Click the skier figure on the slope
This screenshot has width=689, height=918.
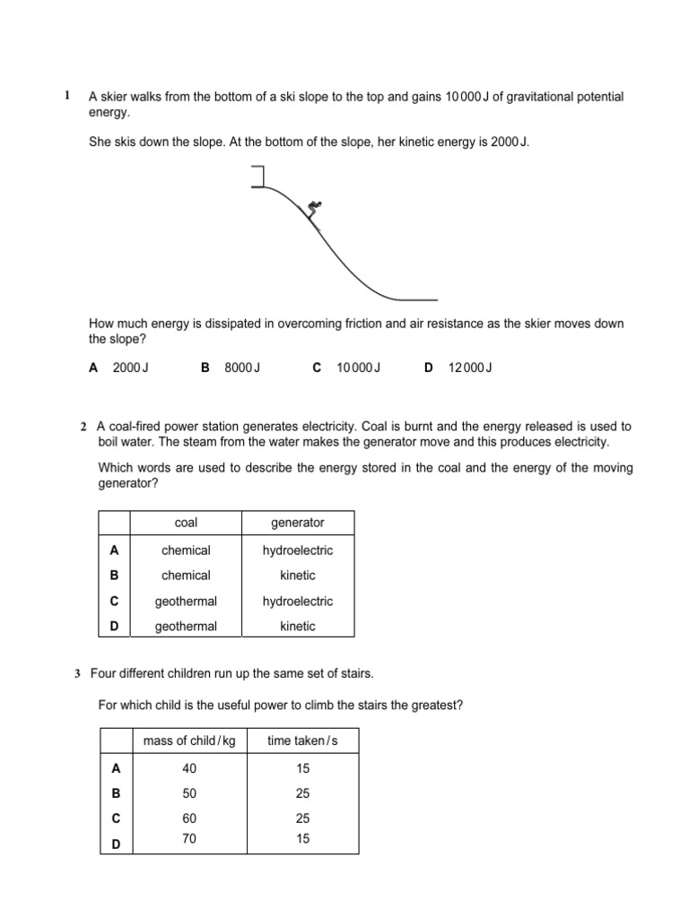(x=312, y=211)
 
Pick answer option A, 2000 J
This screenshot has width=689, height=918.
(x=119, y=368)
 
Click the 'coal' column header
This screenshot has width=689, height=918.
(x=186, y=523)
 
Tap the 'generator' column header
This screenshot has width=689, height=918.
(x=297, y=523)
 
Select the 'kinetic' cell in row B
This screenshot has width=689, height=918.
(x=297, y=576)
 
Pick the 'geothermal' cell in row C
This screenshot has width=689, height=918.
(x=186, y=602)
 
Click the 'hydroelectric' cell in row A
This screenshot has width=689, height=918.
(x=297, y=550)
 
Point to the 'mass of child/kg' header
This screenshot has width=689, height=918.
(x=189, y=740)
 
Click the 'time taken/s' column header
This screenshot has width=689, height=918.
(x=302, y=740)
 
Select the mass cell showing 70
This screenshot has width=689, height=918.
(x=188, y=838)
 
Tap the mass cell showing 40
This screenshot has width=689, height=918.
(x=188, y=768)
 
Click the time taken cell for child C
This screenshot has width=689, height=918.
(x=302, y=818)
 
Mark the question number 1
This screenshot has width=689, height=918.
(x=65, y=95)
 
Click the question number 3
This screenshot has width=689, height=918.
(x=78, y=672)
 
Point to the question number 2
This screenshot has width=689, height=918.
(x=83, y=427)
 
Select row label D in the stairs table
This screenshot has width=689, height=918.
(x=114, y=844)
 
